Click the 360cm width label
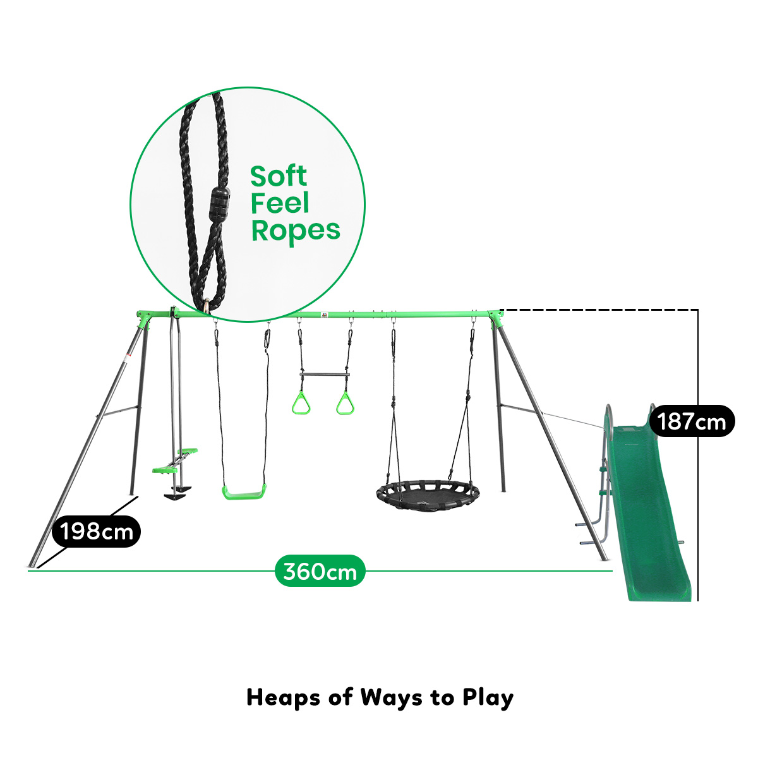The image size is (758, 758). click(x=320, y=571)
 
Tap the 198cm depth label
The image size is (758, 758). click(x=97, y=531)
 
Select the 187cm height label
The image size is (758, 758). click(x=691, y=421)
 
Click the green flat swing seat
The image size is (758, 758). click(x=244, y=491)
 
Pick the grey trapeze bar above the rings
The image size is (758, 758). click(x=325, y=375)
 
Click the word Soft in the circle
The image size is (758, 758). click(x=279, y=176)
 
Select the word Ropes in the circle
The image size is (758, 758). click(x=296, y=231)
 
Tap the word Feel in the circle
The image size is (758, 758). click(x=280, y=203)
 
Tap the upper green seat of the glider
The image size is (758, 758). click(x=187, y=450)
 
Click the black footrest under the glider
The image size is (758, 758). click(x=174, y=496)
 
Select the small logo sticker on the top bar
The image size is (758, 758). click(x=325, y=315)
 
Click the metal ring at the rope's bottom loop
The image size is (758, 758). click(x=207, y=306)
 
